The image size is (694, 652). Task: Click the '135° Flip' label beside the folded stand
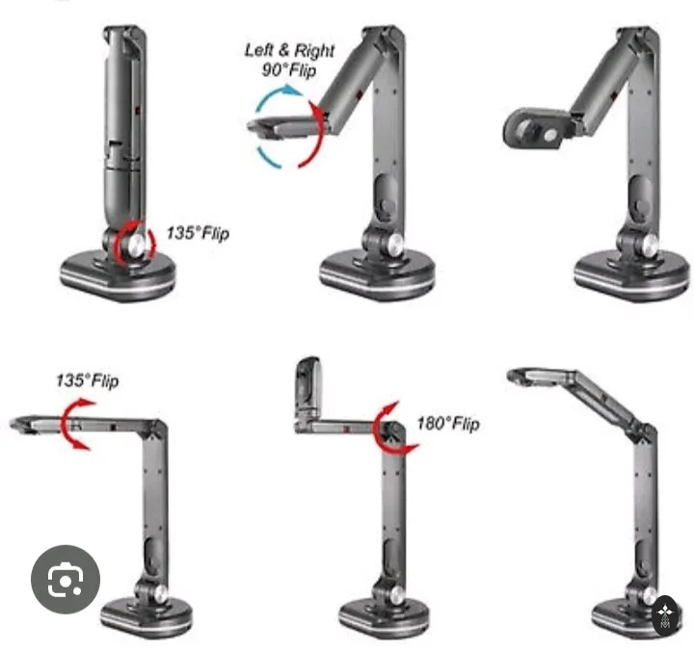click(x=198, y=233)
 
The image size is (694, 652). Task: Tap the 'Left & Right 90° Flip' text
click(x=289, y=60)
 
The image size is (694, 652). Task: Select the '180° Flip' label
click(x=448, y=424)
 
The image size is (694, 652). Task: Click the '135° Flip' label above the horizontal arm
click(x=88, y=380)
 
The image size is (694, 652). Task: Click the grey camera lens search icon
click(x=66, y=580)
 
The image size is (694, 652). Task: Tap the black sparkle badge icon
click(x=665, y=616)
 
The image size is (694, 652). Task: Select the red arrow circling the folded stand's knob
click(x=134, y=243)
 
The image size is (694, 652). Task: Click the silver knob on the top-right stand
click(x=650, y=244)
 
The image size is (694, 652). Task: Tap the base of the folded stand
click(x=118, y=276)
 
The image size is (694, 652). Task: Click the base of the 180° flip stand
click(x=385, y=618)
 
